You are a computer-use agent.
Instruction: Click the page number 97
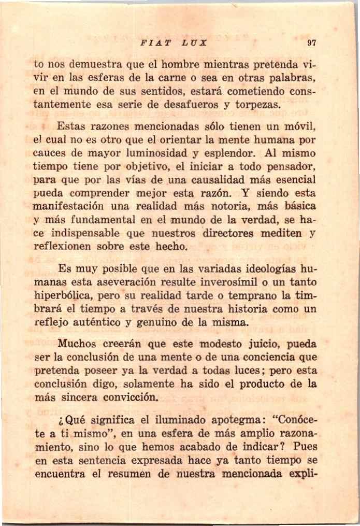pos(311,43)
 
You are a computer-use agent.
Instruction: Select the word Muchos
pos(75,344)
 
